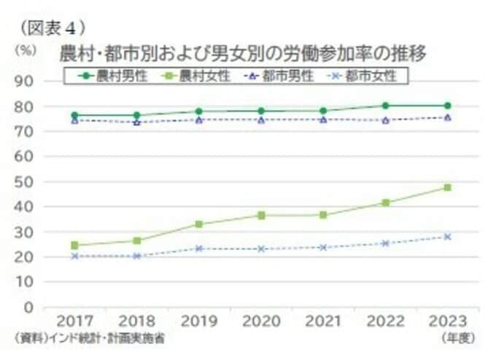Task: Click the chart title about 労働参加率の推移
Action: coord(244,54)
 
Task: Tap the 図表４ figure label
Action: coord(53,28)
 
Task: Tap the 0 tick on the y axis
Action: coord(29,307)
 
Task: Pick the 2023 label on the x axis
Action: coord(447,321)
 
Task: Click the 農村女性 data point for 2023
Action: coord(447,187)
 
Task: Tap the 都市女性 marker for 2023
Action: coord(447,236)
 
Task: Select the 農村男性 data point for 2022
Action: coord(384,106)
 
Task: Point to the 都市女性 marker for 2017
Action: coord(74,257)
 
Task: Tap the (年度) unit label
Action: coord(457,338)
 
